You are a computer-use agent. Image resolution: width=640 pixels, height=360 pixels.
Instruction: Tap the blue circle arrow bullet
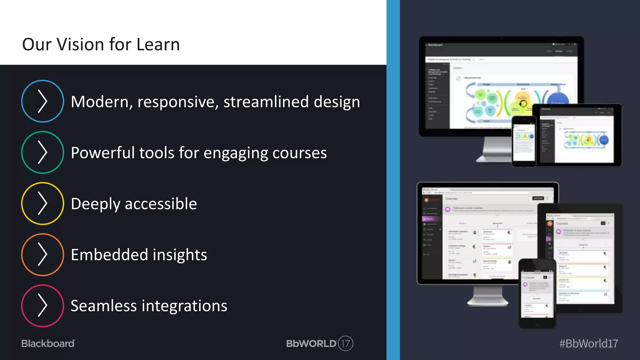[42, 101]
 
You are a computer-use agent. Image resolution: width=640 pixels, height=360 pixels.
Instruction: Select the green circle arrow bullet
[42, 152]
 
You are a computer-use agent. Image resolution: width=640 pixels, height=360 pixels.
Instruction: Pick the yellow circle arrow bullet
[42, 203]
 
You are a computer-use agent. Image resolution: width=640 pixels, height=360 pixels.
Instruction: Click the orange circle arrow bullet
[42, 254]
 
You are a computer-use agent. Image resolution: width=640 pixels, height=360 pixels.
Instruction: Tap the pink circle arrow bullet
[42, 306]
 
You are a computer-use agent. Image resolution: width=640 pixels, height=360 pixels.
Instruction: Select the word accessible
[161, 204]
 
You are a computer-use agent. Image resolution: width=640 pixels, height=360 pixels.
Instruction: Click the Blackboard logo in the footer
[48, 343]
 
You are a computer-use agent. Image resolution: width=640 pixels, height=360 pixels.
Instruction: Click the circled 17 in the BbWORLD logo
[345, 343]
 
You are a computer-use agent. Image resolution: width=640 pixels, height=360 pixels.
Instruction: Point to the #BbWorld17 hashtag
[588, 343]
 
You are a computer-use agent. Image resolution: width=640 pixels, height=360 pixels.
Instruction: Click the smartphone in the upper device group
[524, 141]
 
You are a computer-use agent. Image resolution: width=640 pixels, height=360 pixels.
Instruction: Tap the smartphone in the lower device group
[537, 294]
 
